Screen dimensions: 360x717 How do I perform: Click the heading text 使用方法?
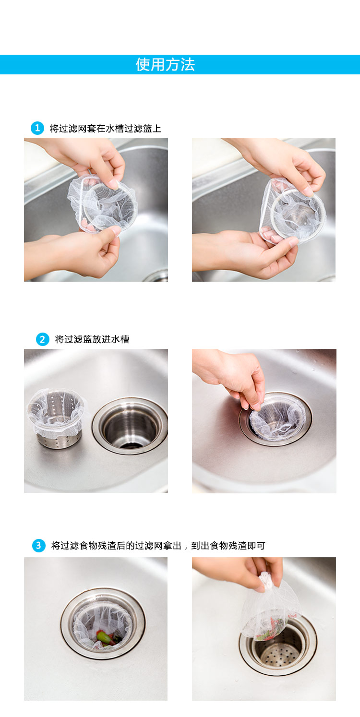[165, 64]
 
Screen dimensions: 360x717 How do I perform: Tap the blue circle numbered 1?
[37, 128]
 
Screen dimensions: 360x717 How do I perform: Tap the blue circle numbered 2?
[42, 339]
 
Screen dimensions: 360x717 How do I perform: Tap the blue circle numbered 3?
[39, 546]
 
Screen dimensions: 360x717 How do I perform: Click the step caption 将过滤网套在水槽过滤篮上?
[106, 128]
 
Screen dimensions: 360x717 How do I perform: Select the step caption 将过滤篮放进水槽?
[92, 339]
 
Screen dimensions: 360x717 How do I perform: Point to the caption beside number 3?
[158, 546]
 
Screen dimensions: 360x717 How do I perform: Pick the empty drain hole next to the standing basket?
[130, 426]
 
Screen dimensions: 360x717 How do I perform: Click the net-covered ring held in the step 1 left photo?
[103, 204]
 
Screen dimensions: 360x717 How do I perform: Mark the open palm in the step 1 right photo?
[247, 253]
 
